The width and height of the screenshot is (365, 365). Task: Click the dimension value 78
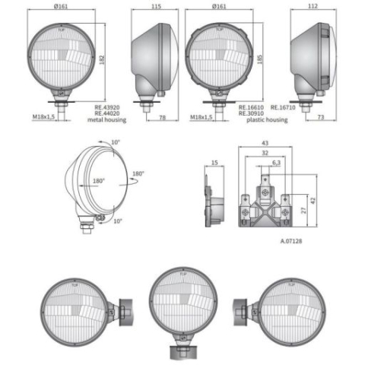[x=163, y=118]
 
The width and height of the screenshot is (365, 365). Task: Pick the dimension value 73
[x=320, y=118]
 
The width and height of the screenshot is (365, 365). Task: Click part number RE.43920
[x=109, y=107]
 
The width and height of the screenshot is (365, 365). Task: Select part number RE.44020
[x=109, y=113]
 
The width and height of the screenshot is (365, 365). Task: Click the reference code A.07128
[x=291, y=240]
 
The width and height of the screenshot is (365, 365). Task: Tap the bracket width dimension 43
[x=265, y=144]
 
